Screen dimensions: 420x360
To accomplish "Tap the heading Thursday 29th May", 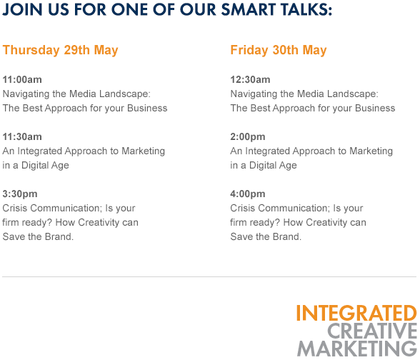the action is click(60, 50).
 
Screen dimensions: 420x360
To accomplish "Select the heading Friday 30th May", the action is click(279, 50).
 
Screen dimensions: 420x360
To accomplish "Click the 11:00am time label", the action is click(22, 79).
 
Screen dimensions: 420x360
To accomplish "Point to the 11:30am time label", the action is click(22, 136).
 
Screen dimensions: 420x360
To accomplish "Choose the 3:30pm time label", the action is click(20, 194).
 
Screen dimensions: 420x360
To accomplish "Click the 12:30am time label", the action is click(250, 79).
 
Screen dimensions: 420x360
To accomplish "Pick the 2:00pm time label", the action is click(248, 136).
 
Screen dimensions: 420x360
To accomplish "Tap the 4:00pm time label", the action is click(248, 194).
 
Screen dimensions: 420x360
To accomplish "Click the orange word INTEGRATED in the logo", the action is click(356, 313).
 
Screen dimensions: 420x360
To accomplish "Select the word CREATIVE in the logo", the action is click(372, 331).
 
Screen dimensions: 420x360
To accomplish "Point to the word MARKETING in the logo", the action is click(357, 349).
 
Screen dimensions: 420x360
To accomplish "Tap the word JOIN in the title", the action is click(23, 9).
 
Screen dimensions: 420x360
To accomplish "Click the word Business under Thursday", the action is click(147, 108).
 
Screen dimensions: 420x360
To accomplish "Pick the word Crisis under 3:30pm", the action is click(15, 208).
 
